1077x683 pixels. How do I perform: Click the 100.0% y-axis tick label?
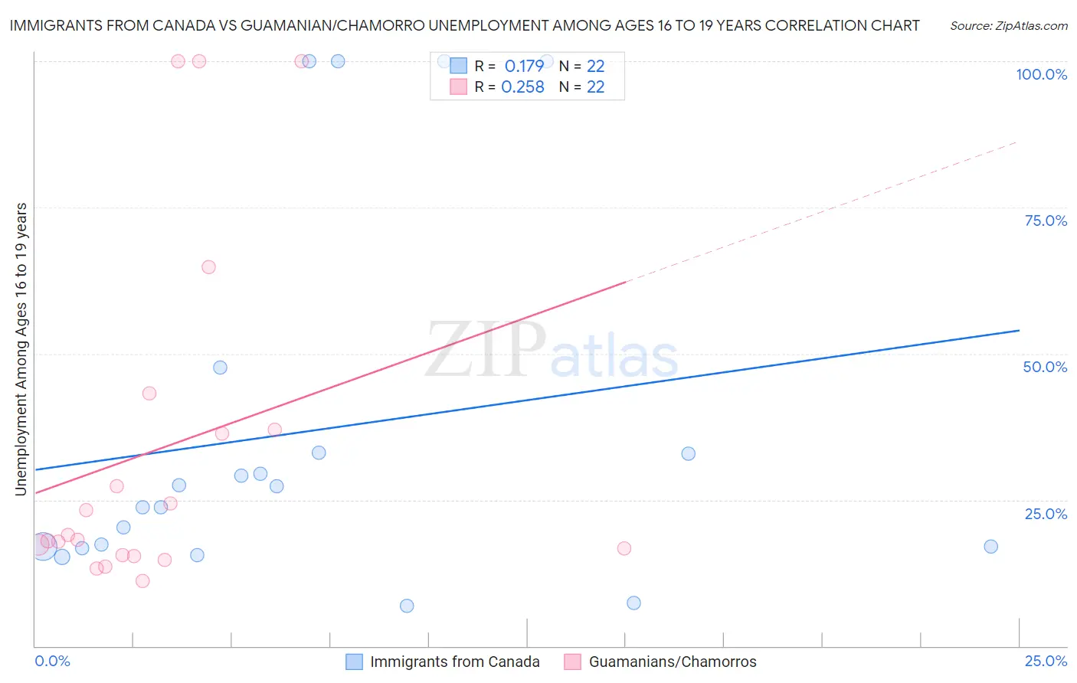(1041, 74)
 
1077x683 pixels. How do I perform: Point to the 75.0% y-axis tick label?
(1046, 221)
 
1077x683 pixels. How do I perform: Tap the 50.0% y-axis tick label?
(1045, 367)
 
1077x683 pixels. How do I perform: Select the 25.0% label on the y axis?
(1046, 514)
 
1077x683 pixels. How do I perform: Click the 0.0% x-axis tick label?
(52, 661)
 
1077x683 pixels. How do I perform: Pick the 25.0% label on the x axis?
(1046, 661)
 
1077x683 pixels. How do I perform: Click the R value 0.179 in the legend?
(524, 66)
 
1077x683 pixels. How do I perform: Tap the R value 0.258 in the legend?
(522, 87)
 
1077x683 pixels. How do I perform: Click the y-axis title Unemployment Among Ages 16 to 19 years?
(21, 348)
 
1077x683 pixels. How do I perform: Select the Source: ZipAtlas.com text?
(1008, 25)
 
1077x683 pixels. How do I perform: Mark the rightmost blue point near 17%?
(990, 546)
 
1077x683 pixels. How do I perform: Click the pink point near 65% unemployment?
(208, 267)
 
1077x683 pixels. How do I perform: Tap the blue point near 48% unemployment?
(220, 368)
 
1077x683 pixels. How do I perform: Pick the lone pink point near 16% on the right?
(624, 548)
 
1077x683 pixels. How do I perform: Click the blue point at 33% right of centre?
(688, 453)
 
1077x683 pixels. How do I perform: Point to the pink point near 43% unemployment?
(149, 394)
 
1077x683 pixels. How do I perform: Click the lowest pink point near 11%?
(142, 581)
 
